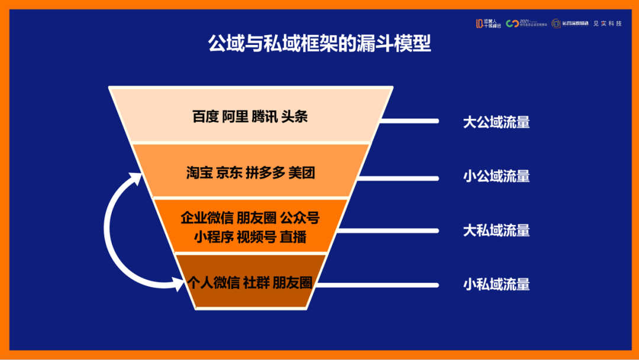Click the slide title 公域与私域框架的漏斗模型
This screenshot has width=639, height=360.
(x=319, y=43)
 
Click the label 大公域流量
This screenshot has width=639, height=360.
(x=496, y=122)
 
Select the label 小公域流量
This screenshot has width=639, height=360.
(x=496, y=176)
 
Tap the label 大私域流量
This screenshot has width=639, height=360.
(x=496, y=230)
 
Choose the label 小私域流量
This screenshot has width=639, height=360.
(x=496, y=284)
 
